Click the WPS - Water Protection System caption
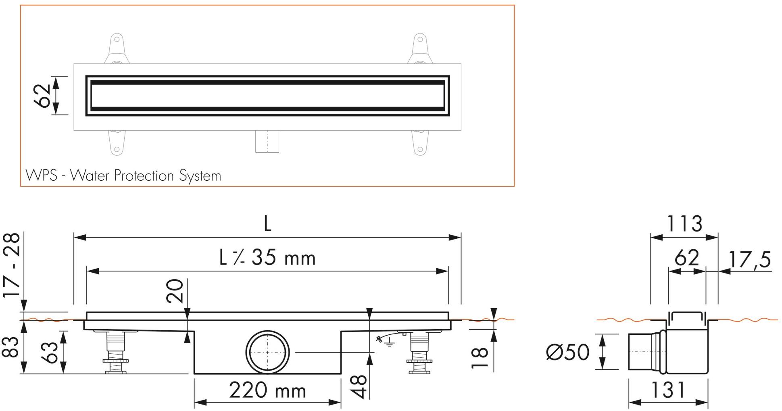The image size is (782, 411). tap(123, 176)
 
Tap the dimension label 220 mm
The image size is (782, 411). tap(267, 390)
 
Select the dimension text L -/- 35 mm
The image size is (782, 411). tap(267, 258)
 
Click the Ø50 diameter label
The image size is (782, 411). tap(567, 352)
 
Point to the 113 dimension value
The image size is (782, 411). tap(684, 224)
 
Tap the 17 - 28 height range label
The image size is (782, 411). tap(12, 265)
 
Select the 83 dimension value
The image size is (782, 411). tap(11, 347)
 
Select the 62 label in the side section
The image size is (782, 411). tap(687, 258)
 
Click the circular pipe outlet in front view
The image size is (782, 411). tap(267, 353)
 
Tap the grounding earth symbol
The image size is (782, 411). tap(389, 344)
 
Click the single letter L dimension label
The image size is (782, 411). tap(267, 224)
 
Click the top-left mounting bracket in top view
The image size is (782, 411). tap(117, 48)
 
